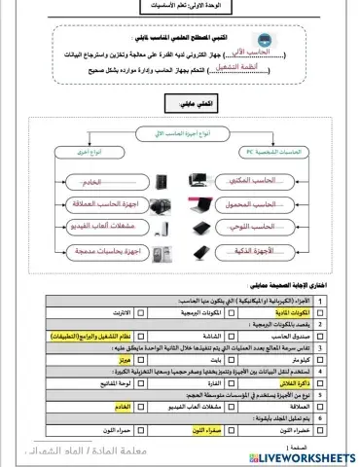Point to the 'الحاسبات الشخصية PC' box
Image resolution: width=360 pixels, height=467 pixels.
271,155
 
